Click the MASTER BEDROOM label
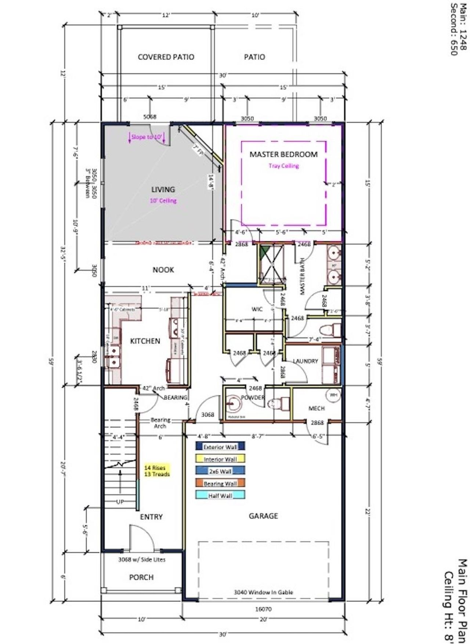283,154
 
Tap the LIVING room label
163,189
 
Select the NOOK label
163,270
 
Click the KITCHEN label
145,341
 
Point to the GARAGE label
263,516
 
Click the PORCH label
141,578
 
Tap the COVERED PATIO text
166,57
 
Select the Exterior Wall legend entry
220,447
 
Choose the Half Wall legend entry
220,496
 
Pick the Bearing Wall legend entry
220,484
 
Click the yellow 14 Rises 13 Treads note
157,471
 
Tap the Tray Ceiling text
283,166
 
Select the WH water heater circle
333,395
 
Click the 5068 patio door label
149,117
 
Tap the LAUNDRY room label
305,361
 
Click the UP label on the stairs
120,502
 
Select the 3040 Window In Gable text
263,592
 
